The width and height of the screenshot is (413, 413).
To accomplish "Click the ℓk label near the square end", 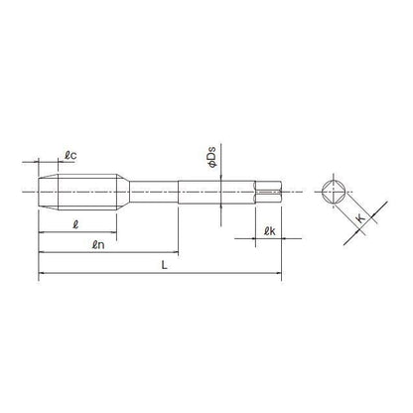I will (269, 231).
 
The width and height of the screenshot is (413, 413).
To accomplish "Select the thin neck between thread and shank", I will (154, 192).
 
